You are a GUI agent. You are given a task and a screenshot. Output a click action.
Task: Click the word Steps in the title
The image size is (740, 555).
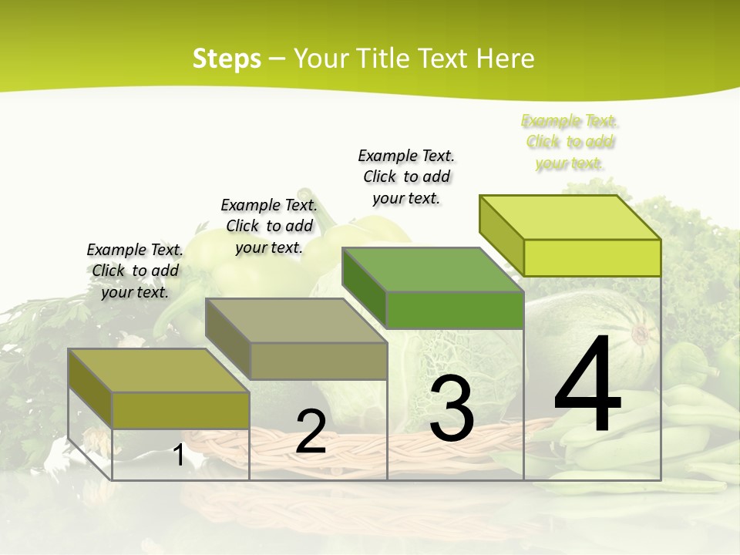pos(227,59)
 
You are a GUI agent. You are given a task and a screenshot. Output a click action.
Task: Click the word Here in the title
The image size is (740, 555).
pos(505,59)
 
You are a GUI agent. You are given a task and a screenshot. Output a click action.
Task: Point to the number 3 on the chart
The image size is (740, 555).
pos(451,409)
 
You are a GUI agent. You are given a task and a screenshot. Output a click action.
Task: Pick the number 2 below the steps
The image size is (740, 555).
pos(311,432)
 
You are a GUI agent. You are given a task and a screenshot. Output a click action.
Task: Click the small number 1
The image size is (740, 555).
pos(178,456)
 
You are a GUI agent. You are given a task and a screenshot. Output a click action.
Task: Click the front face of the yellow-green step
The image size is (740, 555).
pos(592,257)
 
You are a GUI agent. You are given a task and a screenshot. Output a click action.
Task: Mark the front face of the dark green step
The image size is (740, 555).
pos(455,310)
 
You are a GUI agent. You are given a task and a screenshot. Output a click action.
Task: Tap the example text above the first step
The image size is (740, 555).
pos(135,271)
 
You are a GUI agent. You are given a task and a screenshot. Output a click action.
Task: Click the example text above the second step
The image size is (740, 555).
pos(269,226)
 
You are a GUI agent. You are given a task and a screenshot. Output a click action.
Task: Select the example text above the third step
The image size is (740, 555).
pos(406,177)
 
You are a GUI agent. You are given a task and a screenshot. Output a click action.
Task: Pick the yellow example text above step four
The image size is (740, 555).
pos(570,142)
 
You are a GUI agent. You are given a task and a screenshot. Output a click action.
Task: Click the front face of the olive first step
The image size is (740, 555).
pos(180,410)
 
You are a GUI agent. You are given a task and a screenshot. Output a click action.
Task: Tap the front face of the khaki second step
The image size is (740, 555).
pos(318,361)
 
